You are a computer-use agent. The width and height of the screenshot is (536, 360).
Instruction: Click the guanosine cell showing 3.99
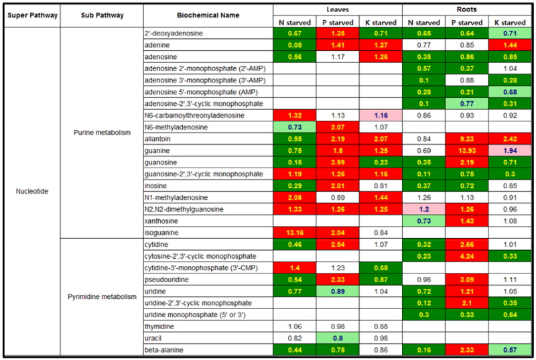point(337,162)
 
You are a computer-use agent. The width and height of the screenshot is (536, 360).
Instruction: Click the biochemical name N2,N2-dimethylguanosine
point(182,209)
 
